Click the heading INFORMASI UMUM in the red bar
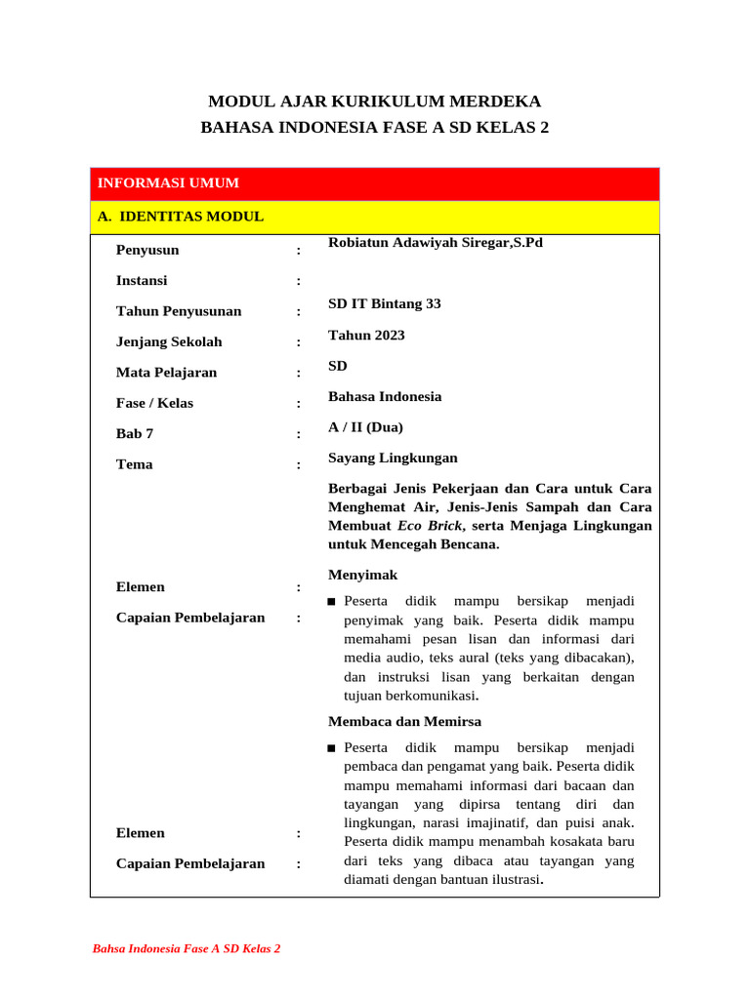[168, 183]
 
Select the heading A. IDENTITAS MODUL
[181, 217]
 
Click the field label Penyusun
[147, 250]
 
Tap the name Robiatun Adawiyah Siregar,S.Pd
[436, 242]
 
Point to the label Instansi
[142, 281]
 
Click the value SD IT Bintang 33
[385, 304]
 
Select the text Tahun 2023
[366, 336]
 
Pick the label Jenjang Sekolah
[169, 342]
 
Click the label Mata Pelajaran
[167, 373]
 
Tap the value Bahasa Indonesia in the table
[385, 397]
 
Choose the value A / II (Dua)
[365, 427]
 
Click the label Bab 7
[135, 434]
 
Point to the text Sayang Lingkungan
[393, 459]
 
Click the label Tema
[135, 464]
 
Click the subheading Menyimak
[362, 576]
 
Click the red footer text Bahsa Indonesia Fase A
[187, 948]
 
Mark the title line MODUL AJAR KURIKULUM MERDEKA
[375, 101]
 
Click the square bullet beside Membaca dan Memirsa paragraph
[332, 748]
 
